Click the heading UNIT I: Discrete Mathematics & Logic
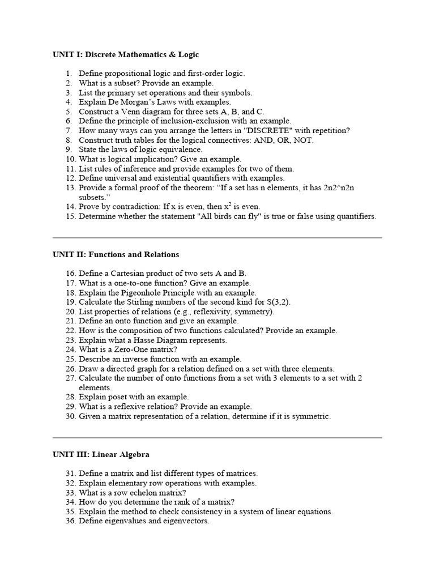tap(126, 55)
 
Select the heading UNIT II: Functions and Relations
tap(116, 254)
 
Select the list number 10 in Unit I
tap(70, 159)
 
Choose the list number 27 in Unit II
tap(70, 378)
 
